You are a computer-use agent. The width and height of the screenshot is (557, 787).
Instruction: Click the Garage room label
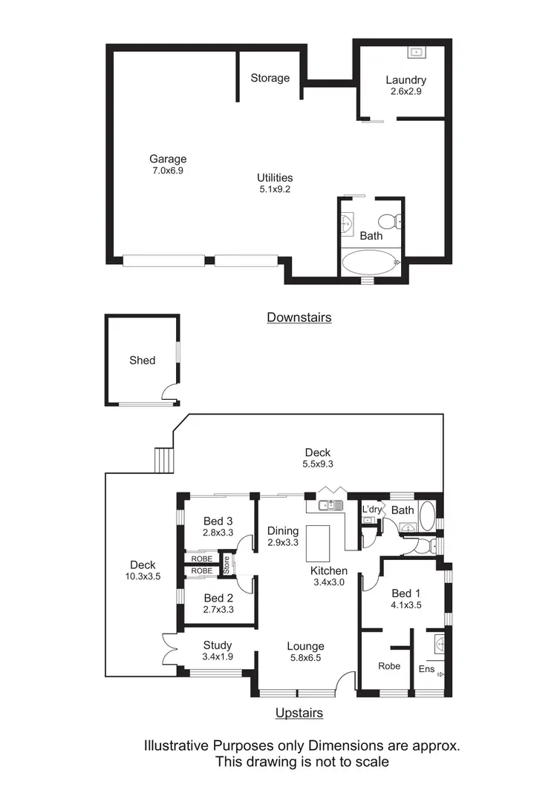pyautogui.click(x=168, y=159)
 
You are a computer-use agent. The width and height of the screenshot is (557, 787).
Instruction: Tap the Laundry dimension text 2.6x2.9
pyautogui.click(x=405, y=93)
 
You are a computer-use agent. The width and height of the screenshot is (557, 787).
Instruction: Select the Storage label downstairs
pyautogui.click(x=270, y=78)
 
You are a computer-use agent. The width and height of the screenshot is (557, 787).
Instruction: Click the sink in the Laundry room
pyautogui.click(x=415, y=52)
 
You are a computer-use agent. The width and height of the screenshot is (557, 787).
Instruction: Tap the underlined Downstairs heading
pyautogui.click(x=299, y=317)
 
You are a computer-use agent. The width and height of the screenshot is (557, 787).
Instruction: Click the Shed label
pyautogui.click(x=142, y=360)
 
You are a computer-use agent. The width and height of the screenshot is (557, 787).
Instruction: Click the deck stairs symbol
pyautogui.click(x=163, y=460)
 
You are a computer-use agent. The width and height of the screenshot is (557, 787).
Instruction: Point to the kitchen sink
pyautogui.click(x=330, y=505)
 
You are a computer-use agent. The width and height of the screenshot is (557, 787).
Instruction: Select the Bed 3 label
pyautogui.click(x=218, y=519)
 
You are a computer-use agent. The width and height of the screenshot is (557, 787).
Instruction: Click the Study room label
pyautogui.click(x=218, y=645)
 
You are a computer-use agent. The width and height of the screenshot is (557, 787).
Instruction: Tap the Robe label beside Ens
pyautogui.click(x=389, y=666)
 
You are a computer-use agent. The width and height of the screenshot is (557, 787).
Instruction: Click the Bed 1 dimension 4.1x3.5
pyautogui.click(x=406, y=605)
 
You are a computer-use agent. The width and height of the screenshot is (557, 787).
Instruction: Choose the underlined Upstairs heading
pyautogui.click(x=299, y=713)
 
